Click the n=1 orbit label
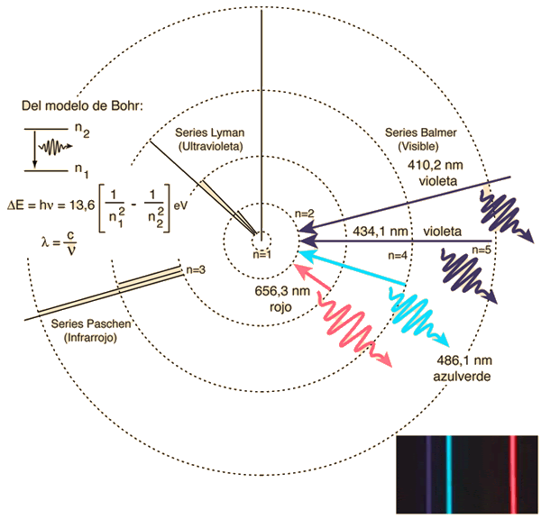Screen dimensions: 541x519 point(261,255)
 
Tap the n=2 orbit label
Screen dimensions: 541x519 point(305,214)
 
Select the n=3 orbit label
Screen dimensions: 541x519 point(196,269)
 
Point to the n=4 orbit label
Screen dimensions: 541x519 point(398,256)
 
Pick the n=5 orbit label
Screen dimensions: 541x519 point(481,250)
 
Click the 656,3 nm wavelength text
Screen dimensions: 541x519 point(282,291)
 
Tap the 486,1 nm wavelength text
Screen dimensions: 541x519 point(464,360)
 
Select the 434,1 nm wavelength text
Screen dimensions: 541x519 point(381,231)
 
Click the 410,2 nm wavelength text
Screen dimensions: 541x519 point(436,165)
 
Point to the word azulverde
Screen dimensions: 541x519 point(462,377)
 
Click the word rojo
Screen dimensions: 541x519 point(280,307)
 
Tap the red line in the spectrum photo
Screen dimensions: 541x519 point(513,474)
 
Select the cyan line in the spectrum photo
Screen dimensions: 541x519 point(448,474)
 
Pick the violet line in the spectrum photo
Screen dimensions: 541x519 point(428,474)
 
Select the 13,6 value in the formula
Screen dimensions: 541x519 point(82,205)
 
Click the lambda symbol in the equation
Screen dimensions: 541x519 point(45,242)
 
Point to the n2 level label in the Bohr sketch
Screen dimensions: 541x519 point(82,131)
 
